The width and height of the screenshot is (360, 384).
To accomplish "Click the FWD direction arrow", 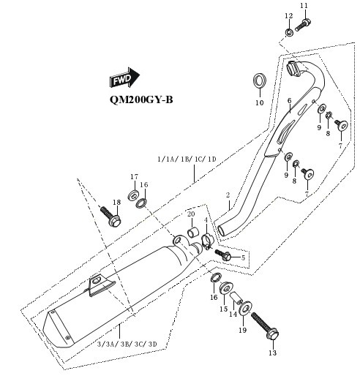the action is point(124,78).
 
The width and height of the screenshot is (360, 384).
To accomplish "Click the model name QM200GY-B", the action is point(141,99).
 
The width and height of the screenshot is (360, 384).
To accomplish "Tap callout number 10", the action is point(260,103).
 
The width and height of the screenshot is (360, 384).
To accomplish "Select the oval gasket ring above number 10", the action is point(260,80).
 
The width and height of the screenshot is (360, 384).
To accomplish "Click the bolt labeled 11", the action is point(303,25).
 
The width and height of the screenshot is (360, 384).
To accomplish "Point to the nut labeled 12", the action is point(289,32).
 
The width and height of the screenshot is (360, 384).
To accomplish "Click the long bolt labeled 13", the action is point(265,326).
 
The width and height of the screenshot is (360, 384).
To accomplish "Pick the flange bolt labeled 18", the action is point(110,217).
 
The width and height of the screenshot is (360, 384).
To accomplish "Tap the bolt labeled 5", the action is point(223,255).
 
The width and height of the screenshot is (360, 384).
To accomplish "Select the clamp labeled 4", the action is point(207,241).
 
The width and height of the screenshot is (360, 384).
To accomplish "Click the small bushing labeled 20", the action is point(193,233).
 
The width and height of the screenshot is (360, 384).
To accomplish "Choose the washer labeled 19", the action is point(245,309).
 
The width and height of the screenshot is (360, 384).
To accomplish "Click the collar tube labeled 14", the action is point(236,298).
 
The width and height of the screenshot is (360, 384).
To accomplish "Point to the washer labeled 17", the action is point(134,196).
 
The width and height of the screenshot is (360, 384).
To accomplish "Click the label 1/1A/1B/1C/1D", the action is point(187,159).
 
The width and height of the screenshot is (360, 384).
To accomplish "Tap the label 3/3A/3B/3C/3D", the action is point(127,345).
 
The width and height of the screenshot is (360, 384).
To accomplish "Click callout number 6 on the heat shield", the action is point(290,101).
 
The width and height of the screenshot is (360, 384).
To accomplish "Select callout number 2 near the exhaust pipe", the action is point(228,195).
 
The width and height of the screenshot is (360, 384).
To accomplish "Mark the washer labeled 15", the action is point(226,288).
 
